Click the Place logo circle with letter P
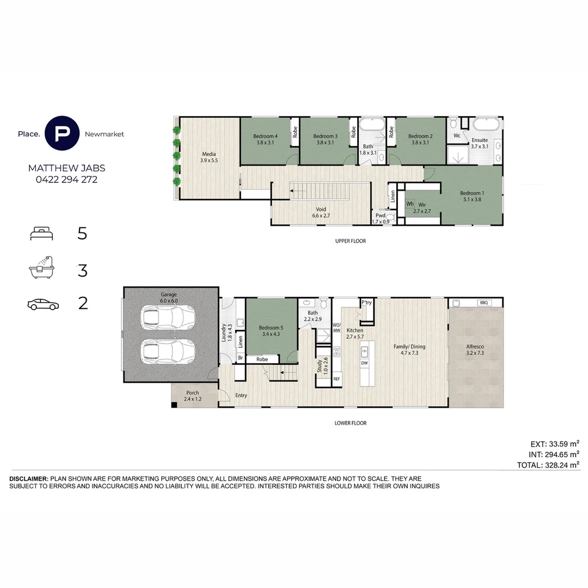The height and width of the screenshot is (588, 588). (x=62, y=133)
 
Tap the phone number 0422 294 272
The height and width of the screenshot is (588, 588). (x=67, y=180)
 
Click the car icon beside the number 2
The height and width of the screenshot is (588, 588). (x=43, y=304)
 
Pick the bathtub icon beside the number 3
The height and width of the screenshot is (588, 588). (x=41, y=268)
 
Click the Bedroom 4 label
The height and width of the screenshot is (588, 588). (x=266, y=136)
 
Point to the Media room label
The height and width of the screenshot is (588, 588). (x=209, y=154)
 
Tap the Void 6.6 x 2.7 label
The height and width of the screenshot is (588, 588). (x=321, y=213)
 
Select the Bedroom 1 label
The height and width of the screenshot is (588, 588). (x=472, y=193)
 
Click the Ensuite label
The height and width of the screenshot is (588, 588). (x=480, y=140)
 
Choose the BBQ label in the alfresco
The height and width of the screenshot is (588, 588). (x=484, y=303)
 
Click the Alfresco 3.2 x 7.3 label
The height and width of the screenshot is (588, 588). (x=475, y=350)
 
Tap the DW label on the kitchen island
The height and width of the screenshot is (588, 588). (x=364, y=363)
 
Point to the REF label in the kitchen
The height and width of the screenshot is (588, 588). (x=337, y=379)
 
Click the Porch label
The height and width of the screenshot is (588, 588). (x=193, y=393)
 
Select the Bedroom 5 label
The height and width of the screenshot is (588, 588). (x=271, y=328)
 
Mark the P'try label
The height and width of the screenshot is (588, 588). (x=367, y=303)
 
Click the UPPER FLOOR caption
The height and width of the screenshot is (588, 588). (x=351, y=241)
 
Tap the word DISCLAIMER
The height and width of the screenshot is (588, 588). (x=29, y=479)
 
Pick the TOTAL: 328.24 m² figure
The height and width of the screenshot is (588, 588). (x=548, y=465)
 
